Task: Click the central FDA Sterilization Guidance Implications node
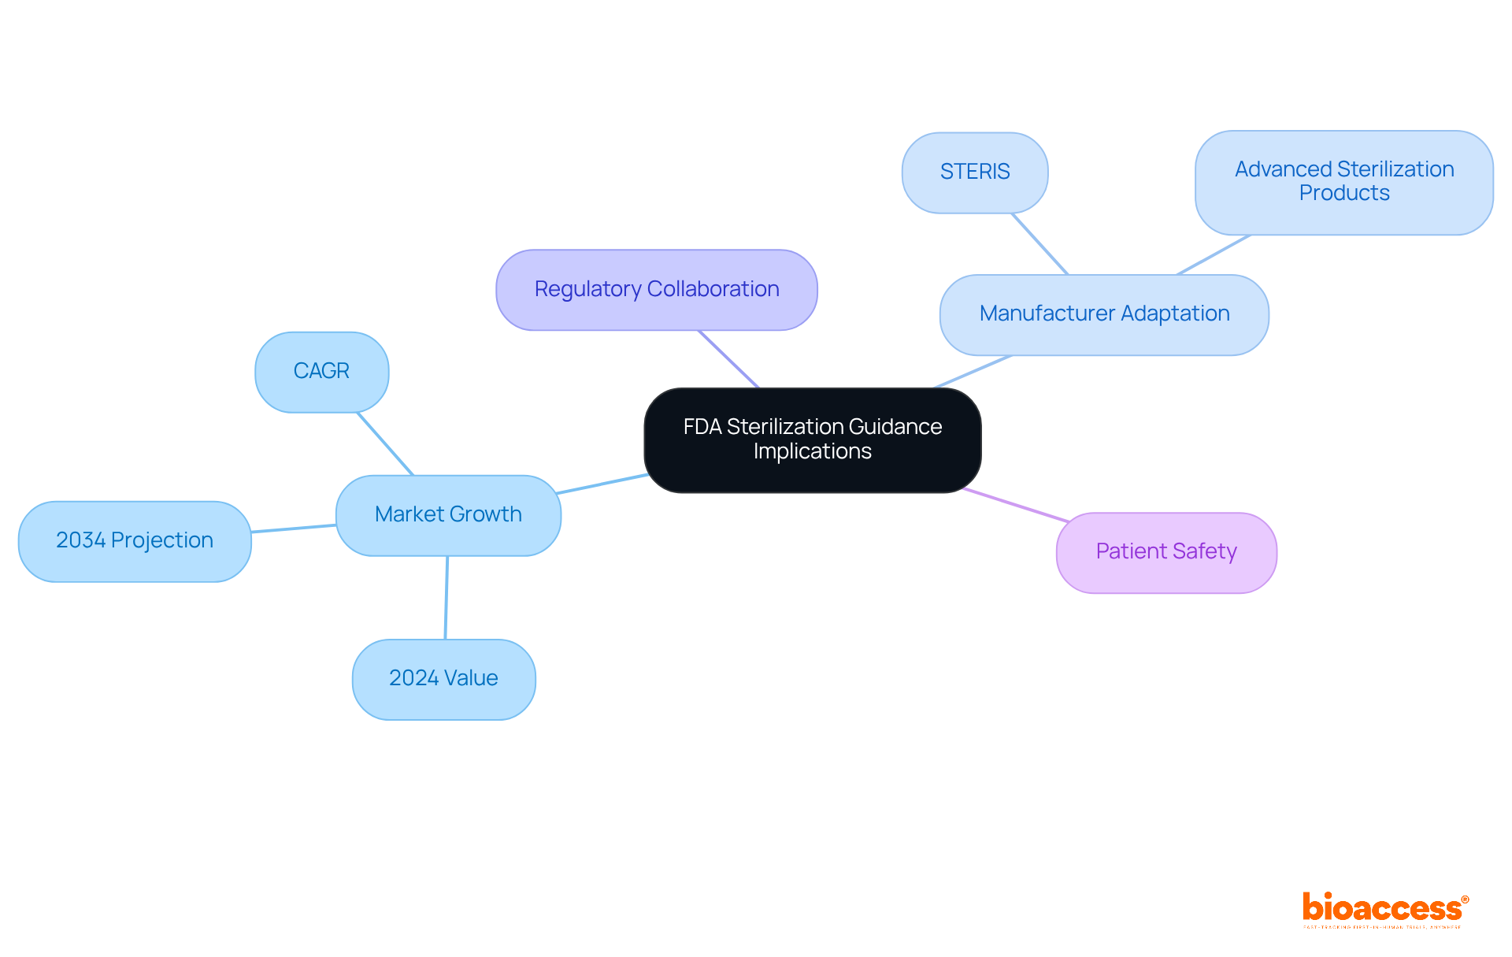click(812, 440)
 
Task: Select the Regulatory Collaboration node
click(656, 290)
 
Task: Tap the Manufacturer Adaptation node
click(1103, 314)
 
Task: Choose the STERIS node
click(974, 172)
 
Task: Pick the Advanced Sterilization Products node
click(1343, 182)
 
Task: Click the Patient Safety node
click(1165, 552)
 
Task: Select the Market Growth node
click(448, 515)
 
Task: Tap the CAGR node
click(321, 372)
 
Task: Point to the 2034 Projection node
click(135, 541)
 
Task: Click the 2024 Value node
click(443, 679)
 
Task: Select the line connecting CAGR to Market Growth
click(385, 443)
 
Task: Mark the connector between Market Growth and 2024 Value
click(447, 597)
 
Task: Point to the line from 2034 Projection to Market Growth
click(294, 529)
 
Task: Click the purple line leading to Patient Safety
click(1016, 505)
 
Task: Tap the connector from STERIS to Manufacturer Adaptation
click(1039, 243)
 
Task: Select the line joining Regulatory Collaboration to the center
click(728, 358)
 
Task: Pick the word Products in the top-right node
click(1343, 193)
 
